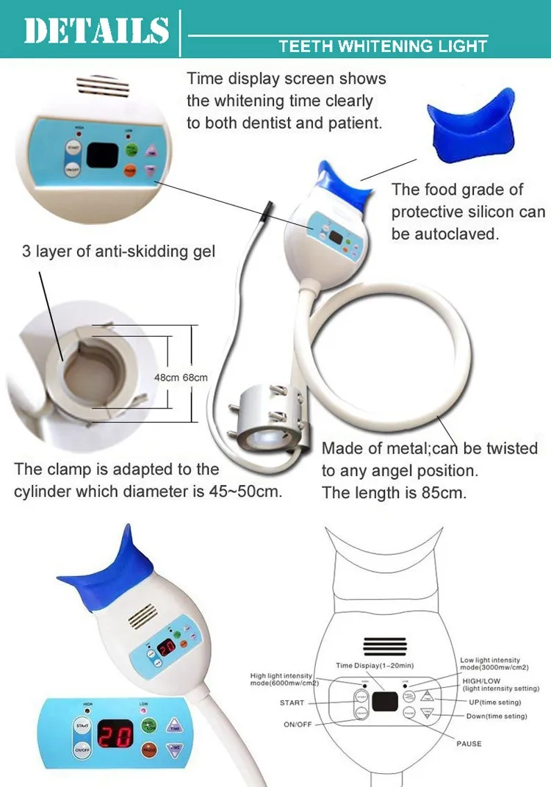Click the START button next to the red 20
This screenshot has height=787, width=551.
[x=80, y=726]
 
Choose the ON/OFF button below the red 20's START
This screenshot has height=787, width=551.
[x=80, y=750]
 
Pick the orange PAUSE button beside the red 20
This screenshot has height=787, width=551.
[x=149, y=750]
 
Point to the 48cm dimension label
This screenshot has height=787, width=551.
[x=166, y=378]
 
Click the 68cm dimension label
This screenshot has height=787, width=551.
[x=195, y=378]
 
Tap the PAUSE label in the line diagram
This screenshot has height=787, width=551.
[x=469, y=744]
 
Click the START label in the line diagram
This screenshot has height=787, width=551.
[x=292, y=702]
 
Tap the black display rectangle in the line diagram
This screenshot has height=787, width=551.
[x=384, y=702]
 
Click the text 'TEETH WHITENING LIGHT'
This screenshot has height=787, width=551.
[x=383, y=47]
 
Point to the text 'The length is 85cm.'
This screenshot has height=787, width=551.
[x=393, y=492]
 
